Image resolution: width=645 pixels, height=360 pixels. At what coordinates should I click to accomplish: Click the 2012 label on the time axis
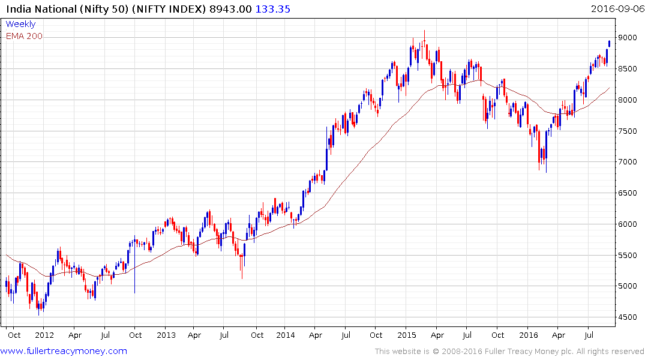(45, 334)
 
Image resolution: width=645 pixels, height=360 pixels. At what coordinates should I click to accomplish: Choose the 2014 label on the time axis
(286, 334)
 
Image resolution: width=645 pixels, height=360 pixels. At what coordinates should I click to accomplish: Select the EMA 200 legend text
(24, 36)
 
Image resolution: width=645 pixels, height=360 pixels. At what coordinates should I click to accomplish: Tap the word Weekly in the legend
(20, 25)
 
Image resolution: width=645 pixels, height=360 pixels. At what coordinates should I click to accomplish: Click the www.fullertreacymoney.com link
(64, 351)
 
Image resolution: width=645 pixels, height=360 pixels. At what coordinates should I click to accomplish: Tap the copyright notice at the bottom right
(509, 352)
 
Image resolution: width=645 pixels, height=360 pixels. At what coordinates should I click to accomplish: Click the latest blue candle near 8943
(610, 43)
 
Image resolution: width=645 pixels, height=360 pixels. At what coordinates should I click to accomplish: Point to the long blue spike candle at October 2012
(134, 264)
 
